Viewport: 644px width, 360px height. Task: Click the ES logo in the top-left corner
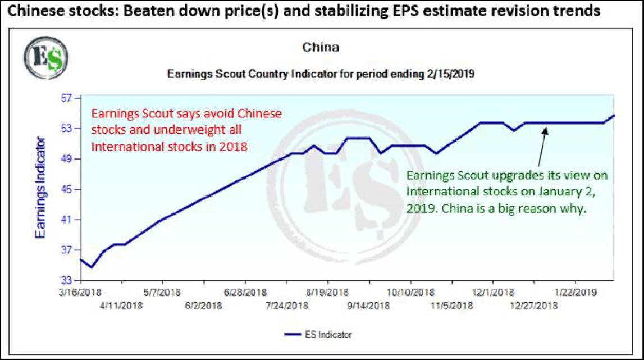pyautogui.click(x=45, y=58)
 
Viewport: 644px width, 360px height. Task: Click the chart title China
pyautogui.click(x=321, y=48)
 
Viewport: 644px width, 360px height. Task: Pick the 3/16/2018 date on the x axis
pyautogui.click(x=80, y=293)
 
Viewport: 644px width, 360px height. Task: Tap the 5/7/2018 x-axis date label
pyautogui.click(x=163, y=293)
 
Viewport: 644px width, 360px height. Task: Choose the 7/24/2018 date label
pyautogui.click(x=286, y=306)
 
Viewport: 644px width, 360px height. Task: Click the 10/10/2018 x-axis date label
pyautogui.click(x=410, y=293)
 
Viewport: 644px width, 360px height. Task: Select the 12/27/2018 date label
pyautogui.click(x=534, y=306)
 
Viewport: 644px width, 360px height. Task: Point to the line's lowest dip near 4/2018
pyautogui.click(x=92, y=267)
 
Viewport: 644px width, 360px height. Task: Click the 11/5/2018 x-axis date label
pyautogui.click(x=451, y=306)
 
